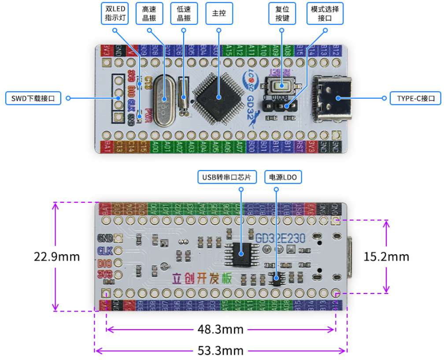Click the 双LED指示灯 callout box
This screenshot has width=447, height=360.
[115, 14]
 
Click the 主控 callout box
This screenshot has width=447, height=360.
[219, 14]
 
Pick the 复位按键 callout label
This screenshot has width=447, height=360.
[282, 14]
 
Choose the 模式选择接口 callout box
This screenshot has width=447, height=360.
[325, 14]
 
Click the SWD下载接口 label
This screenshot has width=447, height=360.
[33, 98]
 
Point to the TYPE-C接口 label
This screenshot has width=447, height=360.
[415, 98]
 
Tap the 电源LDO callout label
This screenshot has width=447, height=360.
[283, 177]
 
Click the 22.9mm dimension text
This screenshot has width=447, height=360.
[57, 256]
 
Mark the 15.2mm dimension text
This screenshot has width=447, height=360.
[386, 256]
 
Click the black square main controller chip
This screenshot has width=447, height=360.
[219, 96]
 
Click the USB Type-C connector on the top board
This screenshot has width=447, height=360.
[333, 98]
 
